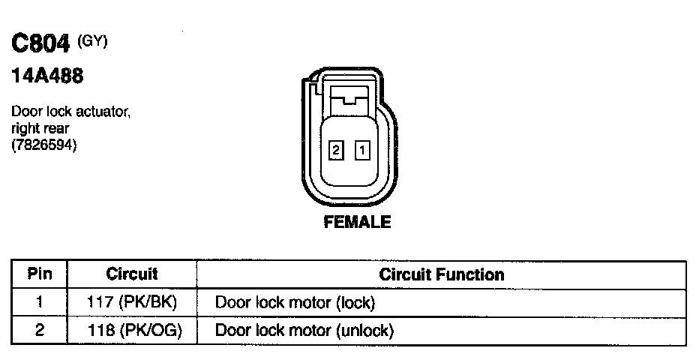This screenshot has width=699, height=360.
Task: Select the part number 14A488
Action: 46,76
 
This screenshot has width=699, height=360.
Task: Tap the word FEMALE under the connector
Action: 357,222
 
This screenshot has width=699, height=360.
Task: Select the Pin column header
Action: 39,274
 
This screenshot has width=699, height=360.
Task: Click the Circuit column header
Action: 132,274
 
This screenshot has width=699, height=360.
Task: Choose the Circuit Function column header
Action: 441,274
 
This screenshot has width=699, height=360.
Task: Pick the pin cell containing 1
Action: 39,303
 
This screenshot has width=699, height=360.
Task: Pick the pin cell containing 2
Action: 39,330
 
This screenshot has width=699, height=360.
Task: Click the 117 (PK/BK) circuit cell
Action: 132,303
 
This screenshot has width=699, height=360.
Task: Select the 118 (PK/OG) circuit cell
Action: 132,330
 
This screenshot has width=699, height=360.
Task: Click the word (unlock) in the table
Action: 365,330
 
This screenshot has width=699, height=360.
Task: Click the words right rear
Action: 40,128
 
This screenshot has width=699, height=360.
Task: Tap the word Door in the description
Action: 25,112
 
